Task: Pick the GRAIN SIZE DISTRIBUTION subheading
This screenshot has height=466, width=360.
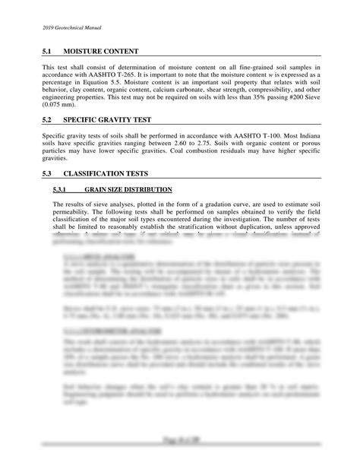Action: point(128,189)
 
